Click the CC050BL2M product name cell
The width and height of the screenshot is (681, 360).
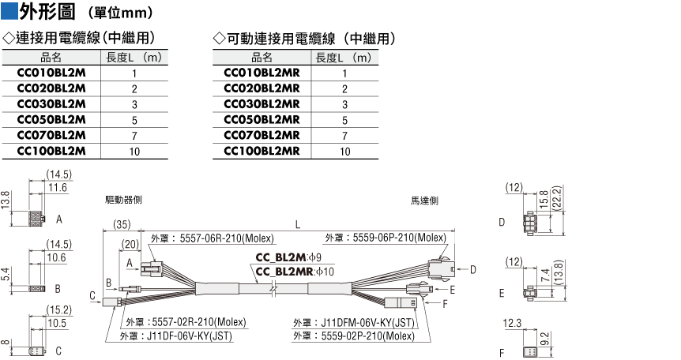click(51, 120)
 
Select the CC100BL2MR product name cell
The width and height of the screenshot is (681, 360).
click(261, 151)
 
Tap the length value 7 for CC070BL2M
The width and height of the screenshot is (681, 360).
click(134, 136)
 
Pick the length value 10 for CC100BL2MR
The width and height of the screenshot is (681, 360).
click(344, 152)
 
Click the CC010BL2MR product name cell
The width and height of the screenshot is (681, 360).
click(261, 73)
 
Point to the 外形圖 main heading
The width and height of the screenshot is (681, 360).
click(47, 11)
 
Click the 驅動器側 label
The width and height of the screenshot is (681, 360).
click(123, 200)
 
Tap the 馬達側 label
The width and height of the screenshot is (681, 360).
click(425, 201)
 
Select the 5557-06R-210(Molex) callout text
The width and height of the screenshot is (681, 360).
click(227, 238)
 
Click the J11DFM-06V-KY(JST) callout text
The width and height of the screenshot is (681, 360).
click(367, 323)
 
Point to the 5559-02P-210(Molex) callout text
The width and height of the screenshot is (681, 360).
click(368, 336)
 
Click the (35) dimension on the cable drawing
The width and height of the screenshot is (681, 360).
click(122, 224)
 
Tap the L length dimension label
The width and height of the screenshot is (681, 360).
click(298, 224)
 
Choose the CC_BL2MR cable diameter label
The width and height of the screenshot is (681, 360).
click(295, 272)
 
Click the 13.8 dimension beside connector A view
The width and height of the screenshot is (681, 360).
click(6, 201)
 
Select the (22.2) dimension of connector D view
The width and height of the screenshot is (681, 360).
click(557, 197)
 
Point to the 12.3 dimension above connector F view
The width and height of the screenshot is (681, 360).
click(512, 323)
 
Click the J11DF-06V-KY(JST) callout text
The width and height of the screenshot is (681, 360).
click(190, 336)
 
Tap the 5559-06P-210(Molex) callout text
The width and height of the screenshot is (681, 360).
click(400, 238)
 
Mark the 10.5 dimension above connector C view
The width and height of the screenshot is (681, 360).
click(57, 323)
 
